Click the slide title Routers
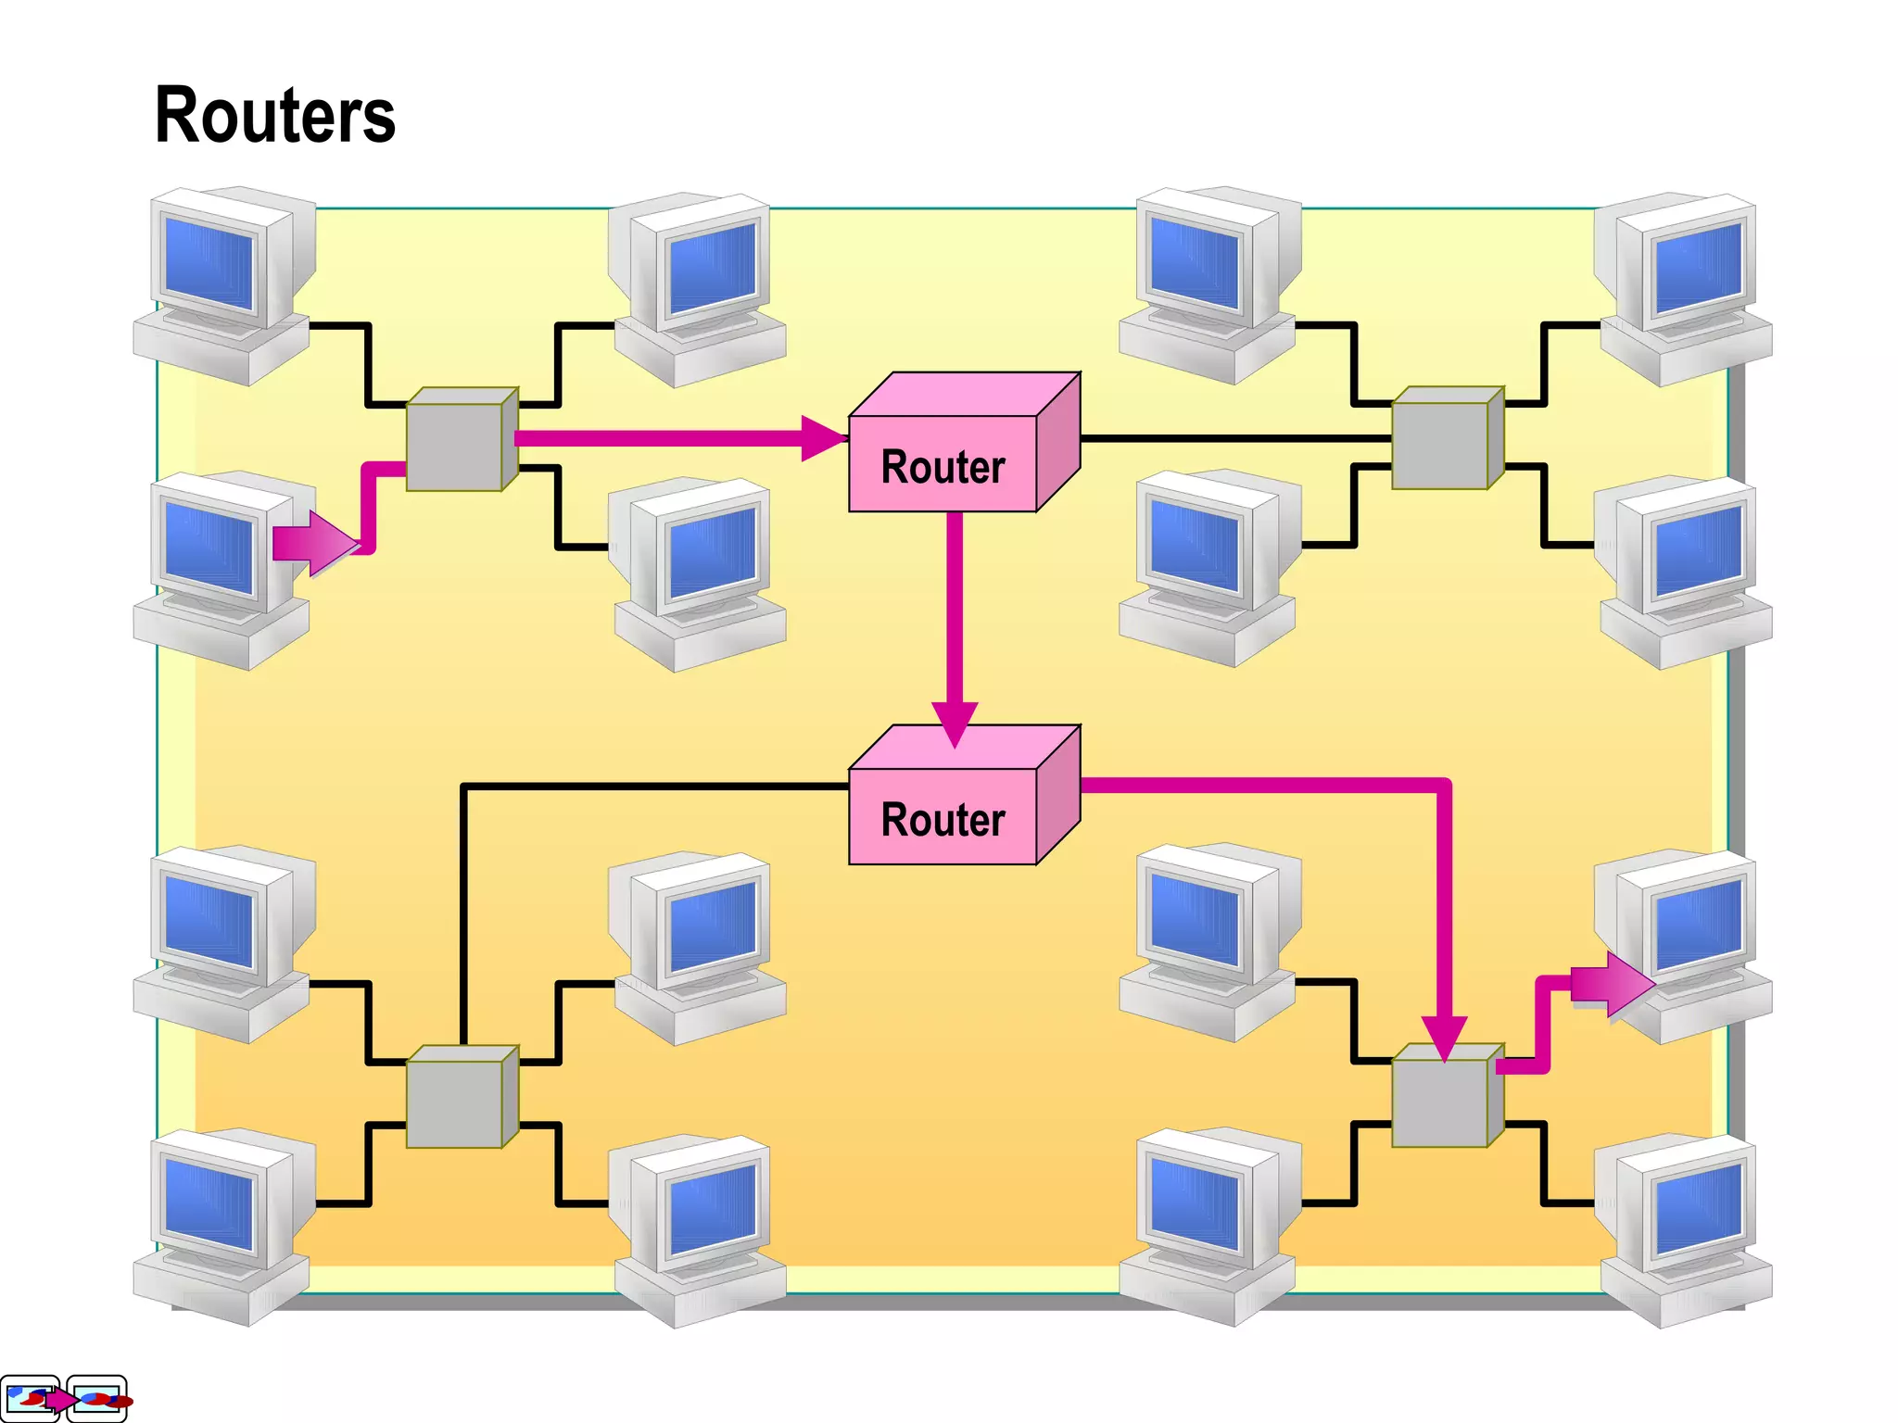click(274, 115)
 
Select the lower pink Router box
click(943, 817)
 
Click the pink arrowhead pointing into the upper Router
click(822, 438)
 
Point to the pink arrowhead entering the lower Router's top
click(955, 723)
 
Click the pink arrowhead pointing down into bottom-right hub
click(1443, 1036)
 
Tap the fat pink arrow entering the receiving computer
click(1613, 984)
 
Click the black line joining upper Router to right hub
click(1233, 438)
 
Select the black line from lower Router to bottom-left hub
click(649, 787)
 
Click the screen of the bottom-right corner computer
click(1699, 1207)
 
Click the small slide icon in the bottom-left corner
click(62, 1398)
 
